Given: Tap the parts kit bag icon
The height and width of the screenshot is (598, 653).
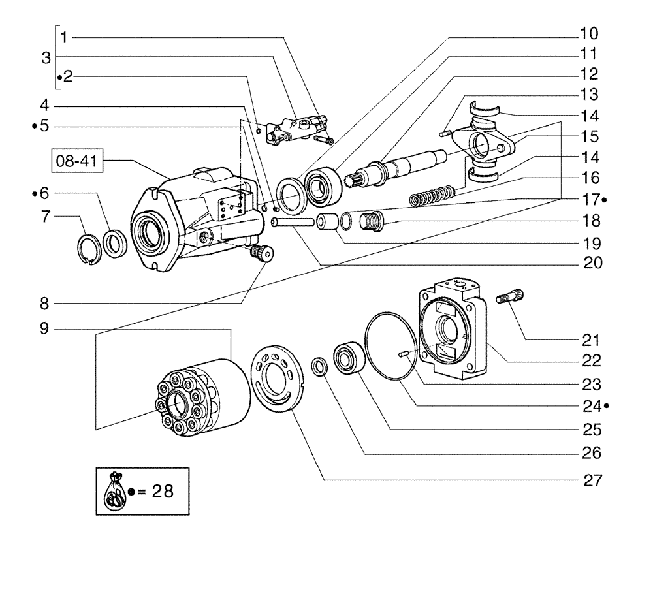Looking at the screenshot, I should (115, 491).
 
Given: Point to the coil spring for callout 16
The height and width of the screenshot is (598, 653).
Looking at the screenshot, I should (432, 195).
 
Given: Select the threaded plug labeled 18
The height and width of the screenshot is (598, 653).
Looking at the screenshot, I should (372, 220).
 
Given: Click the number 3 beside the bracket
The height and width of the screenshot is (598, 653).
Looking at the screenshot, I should (46, 57).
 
